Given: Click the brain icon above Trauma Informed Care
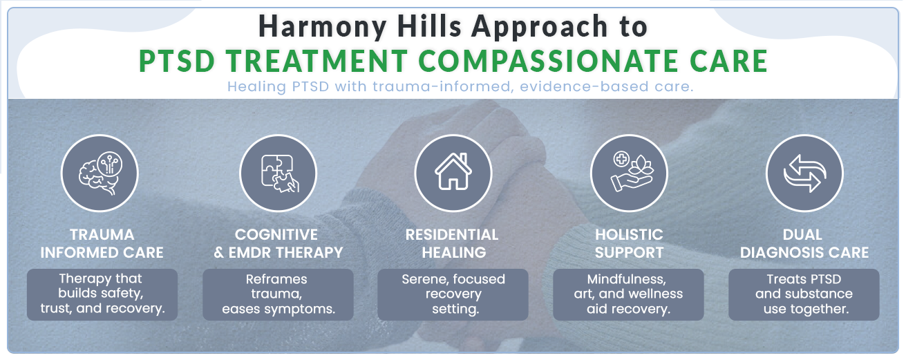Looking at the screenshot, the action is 100,173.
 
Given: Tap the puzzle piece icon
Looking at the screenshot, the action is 279,173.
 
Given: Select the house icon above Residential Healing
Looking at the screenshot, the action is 453,171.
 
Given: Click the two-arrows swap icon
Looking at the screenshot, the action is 805,173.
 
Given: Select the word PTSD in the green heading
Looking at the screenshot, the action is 177,61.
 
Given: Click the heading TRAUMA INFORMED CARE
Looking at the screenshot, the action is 102,243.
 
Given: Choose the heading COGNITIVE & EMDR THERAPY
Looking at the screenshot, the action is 279,243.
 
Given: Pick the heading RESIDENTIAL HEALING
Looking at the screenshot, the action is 453,243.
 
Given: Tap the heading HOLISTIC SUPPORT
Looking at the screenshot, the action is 629,243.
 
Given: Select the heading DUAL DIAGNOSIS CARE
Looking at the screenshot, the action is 804,243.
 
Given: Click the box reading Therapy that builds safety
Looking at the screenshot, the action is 102,294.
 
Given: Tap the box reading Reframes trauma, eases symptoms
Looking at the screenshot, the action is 278,294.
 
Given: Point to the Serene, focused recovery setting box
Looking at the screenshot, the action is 453,294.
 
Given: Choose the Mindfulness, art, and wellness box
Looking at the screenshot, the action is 629,294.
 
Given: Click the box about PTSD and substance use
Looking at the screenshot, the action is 804,294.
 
